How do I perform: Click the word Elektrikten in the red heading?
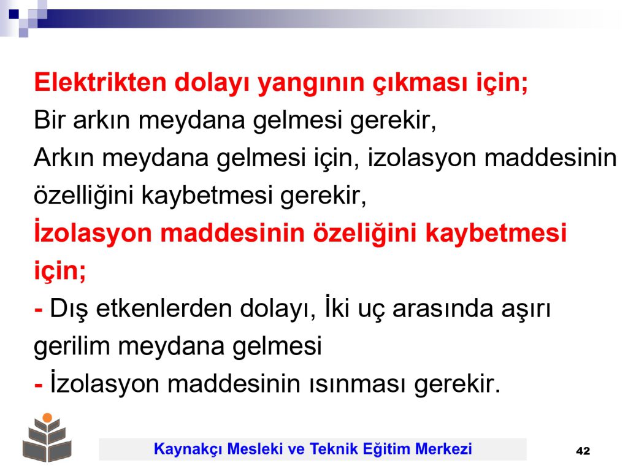tap(100, 83)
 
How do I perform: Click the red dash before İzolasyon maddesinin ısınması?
tap(39, 386)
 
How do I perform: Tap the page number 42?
tap(583, 451)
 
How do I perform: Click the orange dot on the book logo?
tap(47, 418)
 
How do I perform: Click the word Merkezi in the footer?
tap(443, 448)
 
